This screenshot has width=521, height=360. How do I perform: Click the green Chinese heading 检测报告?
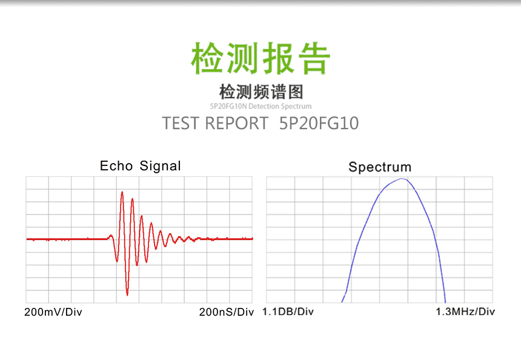pyautogui.click(x=260, y=58)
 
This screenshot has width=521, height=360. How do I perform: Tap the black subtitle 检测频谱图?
pyautogui.click(x=260, y=92)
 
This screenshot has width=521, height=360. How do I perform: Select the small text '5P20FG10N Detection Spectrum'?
pyautogui.click(x=260, y=106)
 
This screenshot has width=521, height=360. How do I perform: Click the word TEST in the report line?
pyautogui.click(x=181, y=123)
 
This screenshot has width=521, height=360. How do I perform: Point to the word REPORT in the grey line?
pyautogui.click(x=236, y=123)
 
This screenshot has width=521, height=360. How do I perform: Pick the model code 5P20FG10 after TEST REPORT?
pyautogui.click(x=319, y=123)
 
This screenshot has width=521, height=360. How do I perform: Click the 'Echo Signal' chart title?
pyautogui.click(x=140, y=165)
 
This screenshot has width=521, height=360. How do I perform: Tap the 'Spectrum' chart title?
pyautogui.click(x=380, y=167)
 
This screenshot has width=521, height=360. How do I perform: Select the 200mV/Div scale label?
pyautogui.click(x=53, y=312)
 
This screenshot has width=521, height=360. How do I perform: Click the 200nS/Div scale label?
pyautogui.click(x=226, y=312)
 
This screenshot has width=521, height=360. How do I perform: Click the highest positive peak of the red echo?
pyautogui.click(x=122, y=193)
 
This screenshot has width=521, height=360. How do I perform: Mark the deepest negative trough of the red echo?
pyautogui.click(x=127, y=295)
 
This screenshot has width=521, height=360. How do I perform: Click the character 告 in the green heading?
pyautogui.click(x=313, y=58)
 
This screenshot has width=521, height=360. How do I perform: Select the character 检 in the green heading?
pyautogui.click(x=208, y=58)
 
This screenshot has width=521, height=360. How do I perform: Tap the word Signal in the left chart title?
pyautogui.click(x=160, y=165)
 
